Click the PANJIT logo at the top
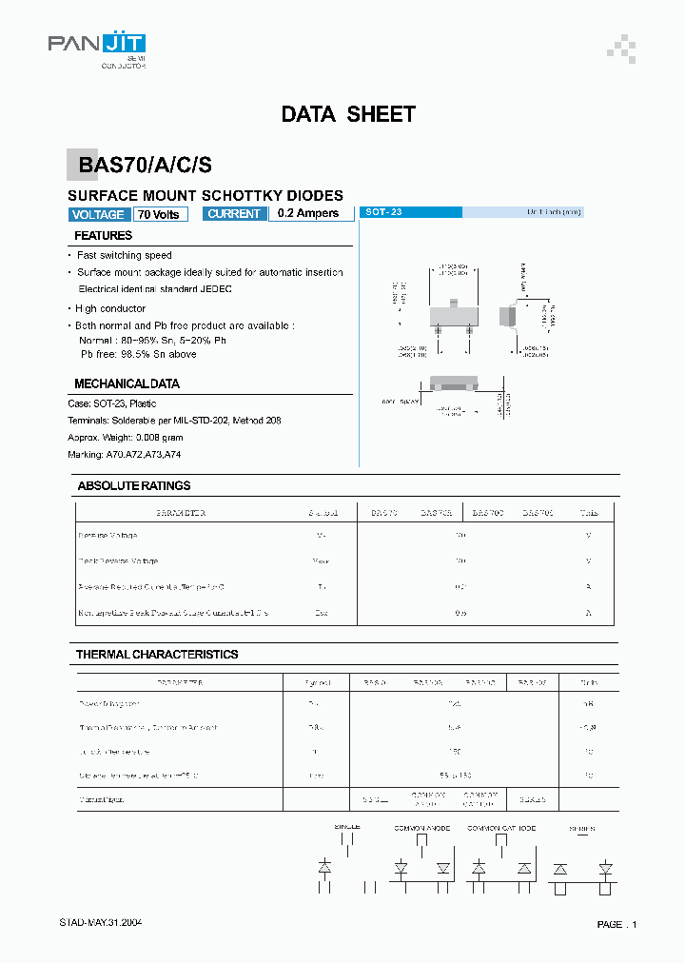[97, 44]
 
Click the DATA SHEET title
[348, 115]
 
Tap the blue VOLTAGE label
[98, 215]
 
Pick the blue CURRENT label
[234, 214]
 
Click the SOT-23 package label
[384, 213]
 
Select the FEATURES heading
[103, 236]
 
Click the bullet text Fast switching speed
[124, 256]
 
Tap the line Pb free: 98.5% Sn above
[139, 354]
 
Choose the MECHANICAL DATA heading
[127, 384]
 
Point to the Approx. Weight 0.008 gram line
[126, 438]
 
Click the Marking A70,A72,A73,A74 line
[125, 455]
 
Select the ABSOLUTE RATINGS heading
[134, 486]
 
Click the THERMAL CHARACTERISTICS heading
[157, 655]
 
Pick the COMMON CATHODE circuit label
[501, 829]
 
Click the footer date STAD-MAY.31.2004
[101, 923]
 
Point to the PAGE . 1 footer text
[616, 925]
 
